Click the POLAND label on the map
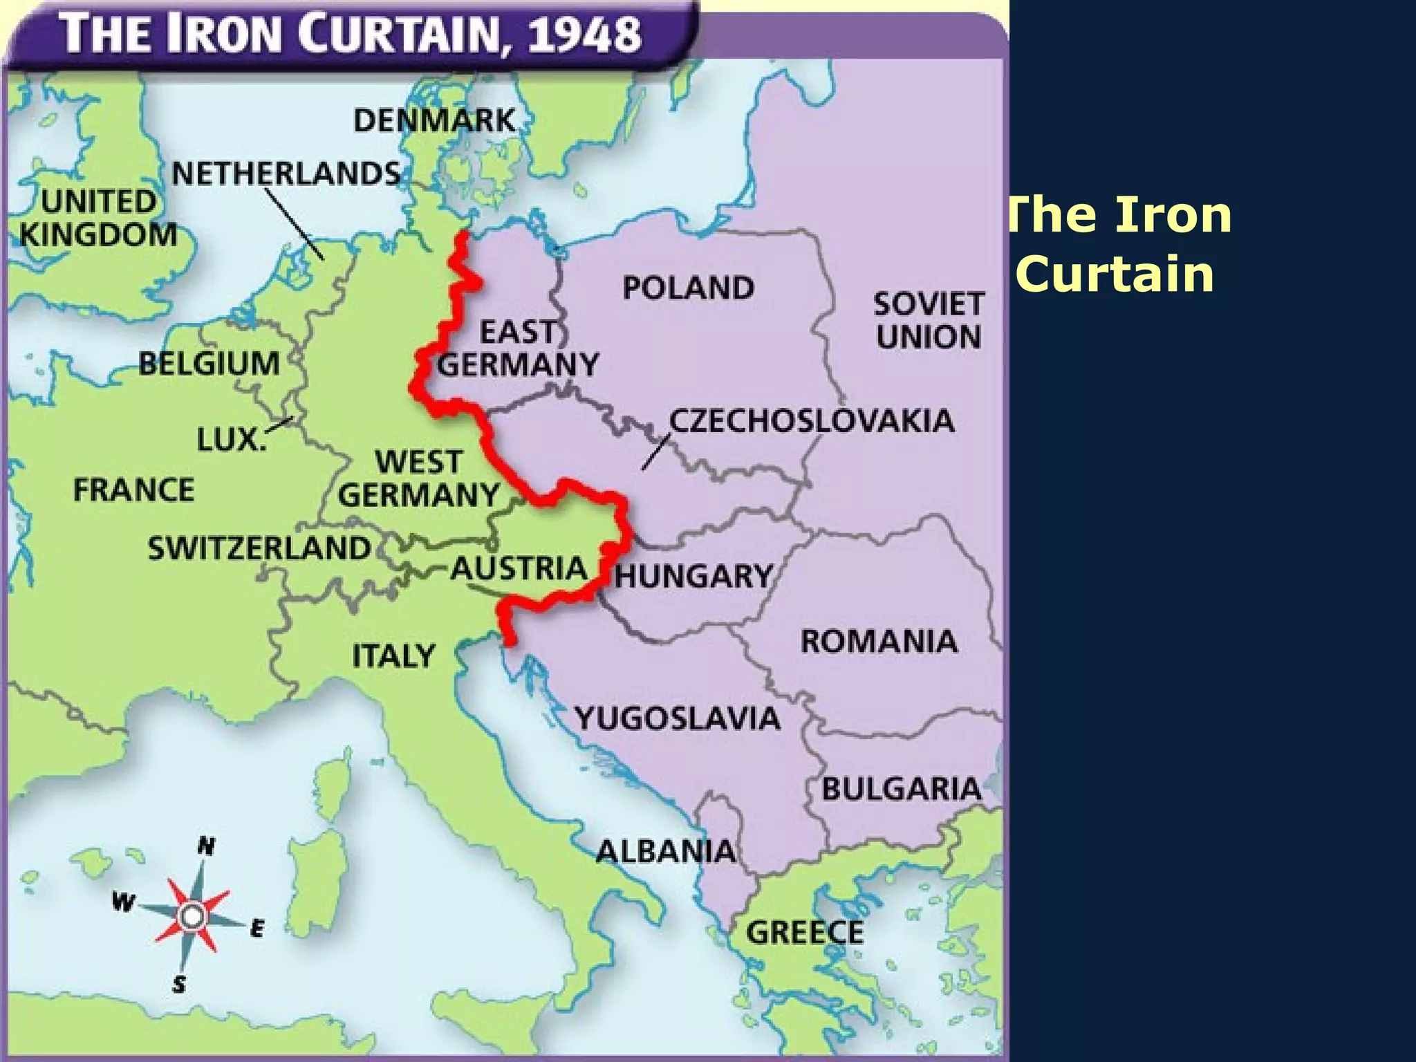click(x=688, y=288)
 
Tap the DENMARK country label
click(x=434, y=120)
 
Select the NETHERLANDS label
click(x=286, y=173)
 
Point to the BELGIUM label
click(x=209, y=364)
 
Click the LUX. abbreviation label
click(x=231, y=439)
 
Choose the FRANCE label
click(x=133, y=490)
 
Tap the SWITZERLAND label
click(x=259, y=548)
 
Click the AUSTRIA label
click(x=519, y=569)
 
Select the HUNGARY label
click(x=693, y=576)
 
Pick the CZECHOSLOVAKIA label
click(x=812, y=420)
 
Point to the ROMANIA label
click(x=879, y=641)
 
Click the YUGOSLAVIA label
click(x=678, y=718)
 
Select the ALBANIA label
click(x=666, y=851)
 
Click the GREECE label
click(x=805, y=933)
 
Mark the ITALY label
click(x=393, y=655)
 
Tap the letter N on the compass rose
click(x=206, y=846)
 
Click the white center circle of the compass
click(x=192, y=917)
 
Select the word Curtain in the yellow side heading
click(x=1115, y=274)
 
